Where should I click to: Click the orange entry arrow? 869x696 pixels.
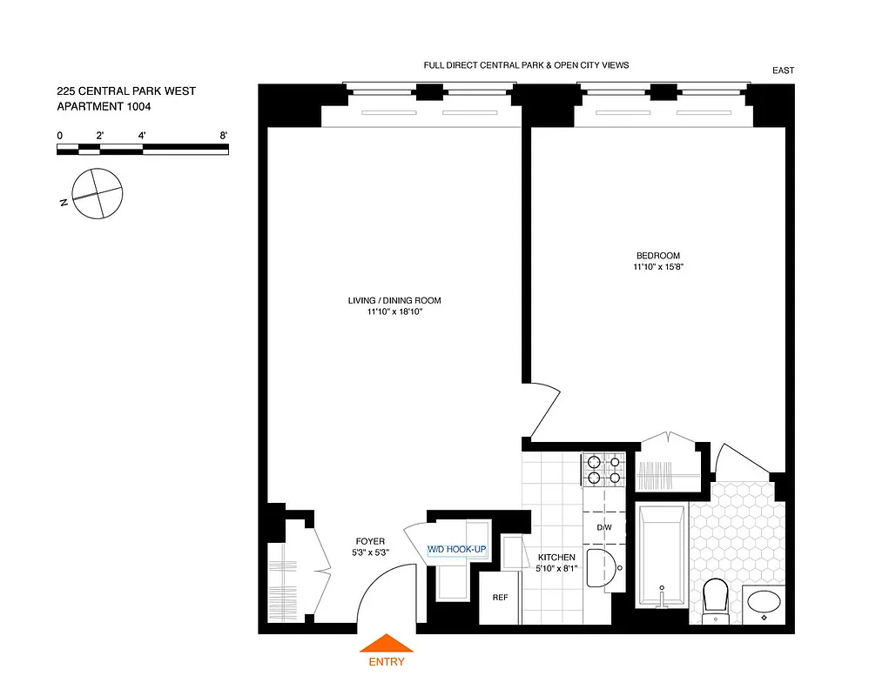(x=387, y=644)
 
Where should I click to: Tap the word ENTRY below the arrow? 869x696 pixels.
(x=387, y=661)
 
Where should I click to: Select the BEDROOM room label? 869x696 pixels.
(x=657, y=255)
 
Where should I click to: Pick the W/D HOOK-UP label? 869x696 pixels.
(x=456, y=550)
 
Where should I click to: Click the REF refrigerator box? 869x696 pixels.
(x=500, y=598)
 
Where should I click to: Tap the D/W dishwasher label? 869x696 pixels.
(x=604, y=527)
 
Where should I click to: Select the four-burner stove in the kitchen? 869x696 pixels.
(x=603, y=470)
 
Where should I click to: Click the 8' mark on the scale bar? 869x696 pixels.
(x=224, y=136)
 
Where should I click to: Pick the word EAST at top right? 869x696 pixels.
(x=783, y=71)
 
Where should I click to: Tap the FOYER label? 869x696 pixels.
(x=368, y=541)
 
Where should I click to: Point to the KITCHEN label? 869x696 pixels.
(x=556, y=557)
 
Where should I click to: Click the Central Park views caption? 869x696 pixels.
(x=526, y=65)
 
